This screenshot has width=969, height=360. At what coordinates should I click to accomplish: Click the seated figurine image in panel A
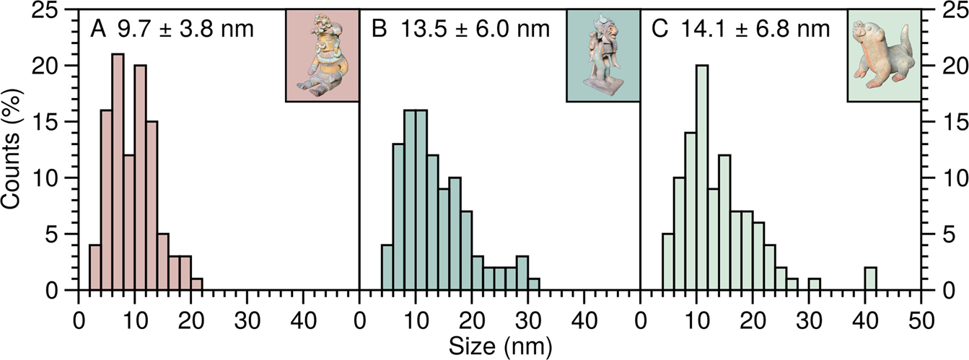coord(322,56)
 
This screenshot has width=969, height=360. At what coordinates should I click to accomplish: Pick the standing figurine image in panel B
coord(602,56)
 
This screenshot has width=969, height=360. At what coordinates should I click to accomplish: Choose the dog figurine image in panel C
coord(883,56)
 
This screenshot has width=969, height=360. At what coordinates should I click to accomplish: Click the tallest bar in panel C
coord(702,177)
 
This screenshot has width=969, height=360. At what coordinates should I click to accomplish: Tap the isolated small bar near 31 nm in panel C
coord(815,285)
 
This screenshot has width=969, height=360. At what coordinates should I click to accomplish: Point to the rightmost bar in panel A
coord(196,285)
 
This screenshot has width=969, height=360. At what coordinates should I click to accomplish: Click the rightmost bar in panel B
coord(533,285)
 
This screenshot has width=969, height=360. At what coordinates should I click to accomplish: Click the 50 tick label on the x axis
coord(921,317)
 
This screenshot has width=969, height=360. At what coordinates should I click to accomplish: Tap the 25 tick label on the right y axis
coord(945,9)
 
